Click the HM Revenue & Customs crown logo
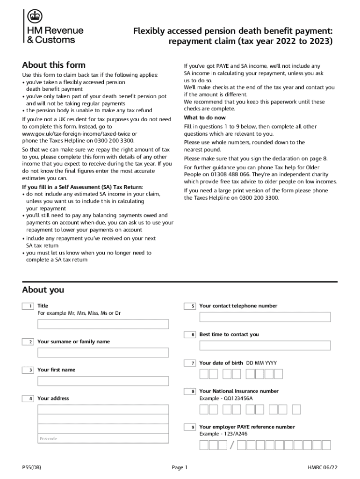34,17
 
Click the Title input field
103,324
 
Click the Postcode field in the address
103,438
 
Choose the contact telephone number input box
265,317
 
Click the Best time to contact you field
265,346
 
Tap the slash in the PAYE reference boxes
231,445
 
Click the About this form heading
54,65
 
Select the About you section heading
43,290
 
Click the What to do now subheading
205,118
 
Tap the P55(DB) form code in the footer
32,467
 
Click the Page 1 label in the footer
180,467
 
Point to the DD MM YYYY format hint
262,363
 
